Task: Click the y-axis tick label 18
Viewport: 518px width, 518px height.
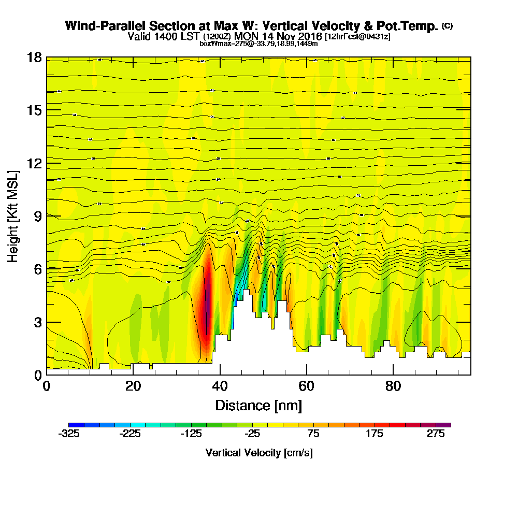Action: click(34, 57)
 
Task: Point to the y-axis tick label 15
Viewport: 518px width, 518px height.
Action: click(34, 110)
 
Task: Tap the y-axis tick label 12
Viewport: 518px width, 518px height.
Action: click(34, 163)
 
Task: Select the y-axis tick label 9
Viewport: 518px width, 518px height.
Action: click(38, 216)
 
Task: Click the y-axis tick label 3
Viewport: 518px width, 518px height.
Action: click(38, 322)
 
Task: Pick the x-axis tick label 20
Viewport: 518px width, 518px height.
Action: click(133, 386)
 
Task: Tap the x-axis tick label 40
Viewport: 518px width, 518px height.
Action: click(220, 386)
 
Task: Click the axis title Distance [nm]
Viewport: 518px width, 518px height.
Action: click(258, 405)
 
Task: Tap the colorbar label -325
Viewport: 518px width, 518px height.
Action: click(69, 435)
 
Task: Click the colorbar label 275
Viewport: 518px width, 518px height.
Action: click(436, 435)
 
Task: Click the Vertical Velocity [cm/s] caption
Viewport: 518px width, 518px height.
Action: click(258, 453)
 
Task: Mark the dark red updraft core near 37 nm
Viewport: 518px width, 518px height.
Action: click(207, 300)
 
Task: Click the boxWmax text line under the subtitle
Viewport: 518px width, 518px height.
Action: click(258, 44)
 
